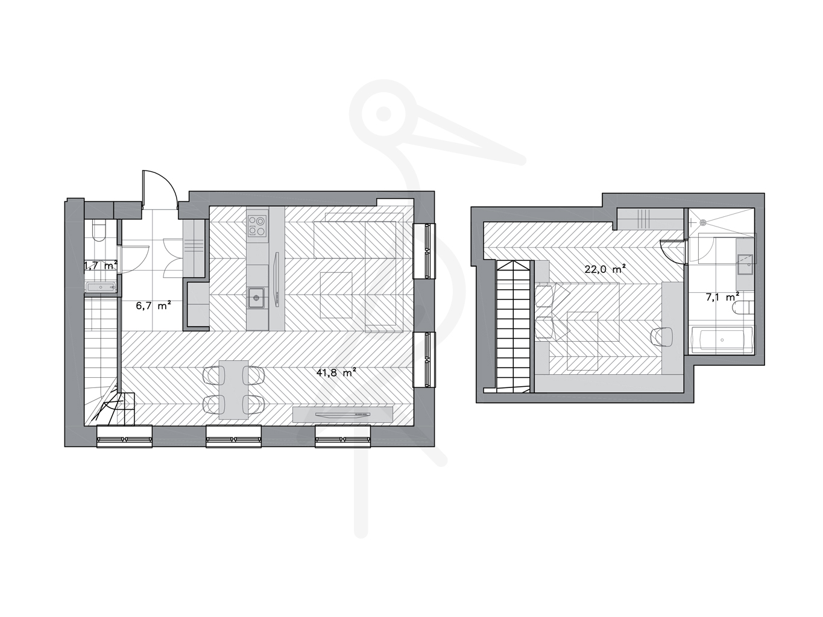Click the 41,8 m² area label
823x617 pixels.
pos(336,372)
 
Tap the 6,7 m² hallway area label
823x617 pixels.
pos(153,305)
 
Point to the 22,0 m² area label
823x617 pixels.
pos(605,269)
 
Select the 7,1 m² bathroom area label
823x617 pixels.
pos(722,296)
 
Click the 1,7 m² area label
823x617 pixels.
pos(101,266)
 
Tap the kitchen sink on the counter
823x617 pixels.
pos(256,298)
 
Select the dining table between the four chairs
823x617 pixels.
pos(233,390)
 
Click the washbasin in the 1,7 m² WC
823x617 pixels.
pos(101,287)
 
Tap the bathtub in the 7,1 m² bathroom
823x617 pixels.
pos(722,340)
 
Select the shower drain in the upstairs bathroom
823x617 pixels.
pos(703,222)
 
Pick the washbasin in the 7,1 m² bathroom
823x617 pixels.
pos(745,265)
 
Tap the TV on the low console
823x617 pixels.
pos(342,415)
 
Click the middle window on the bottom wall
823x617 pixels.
pos(233,436)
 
